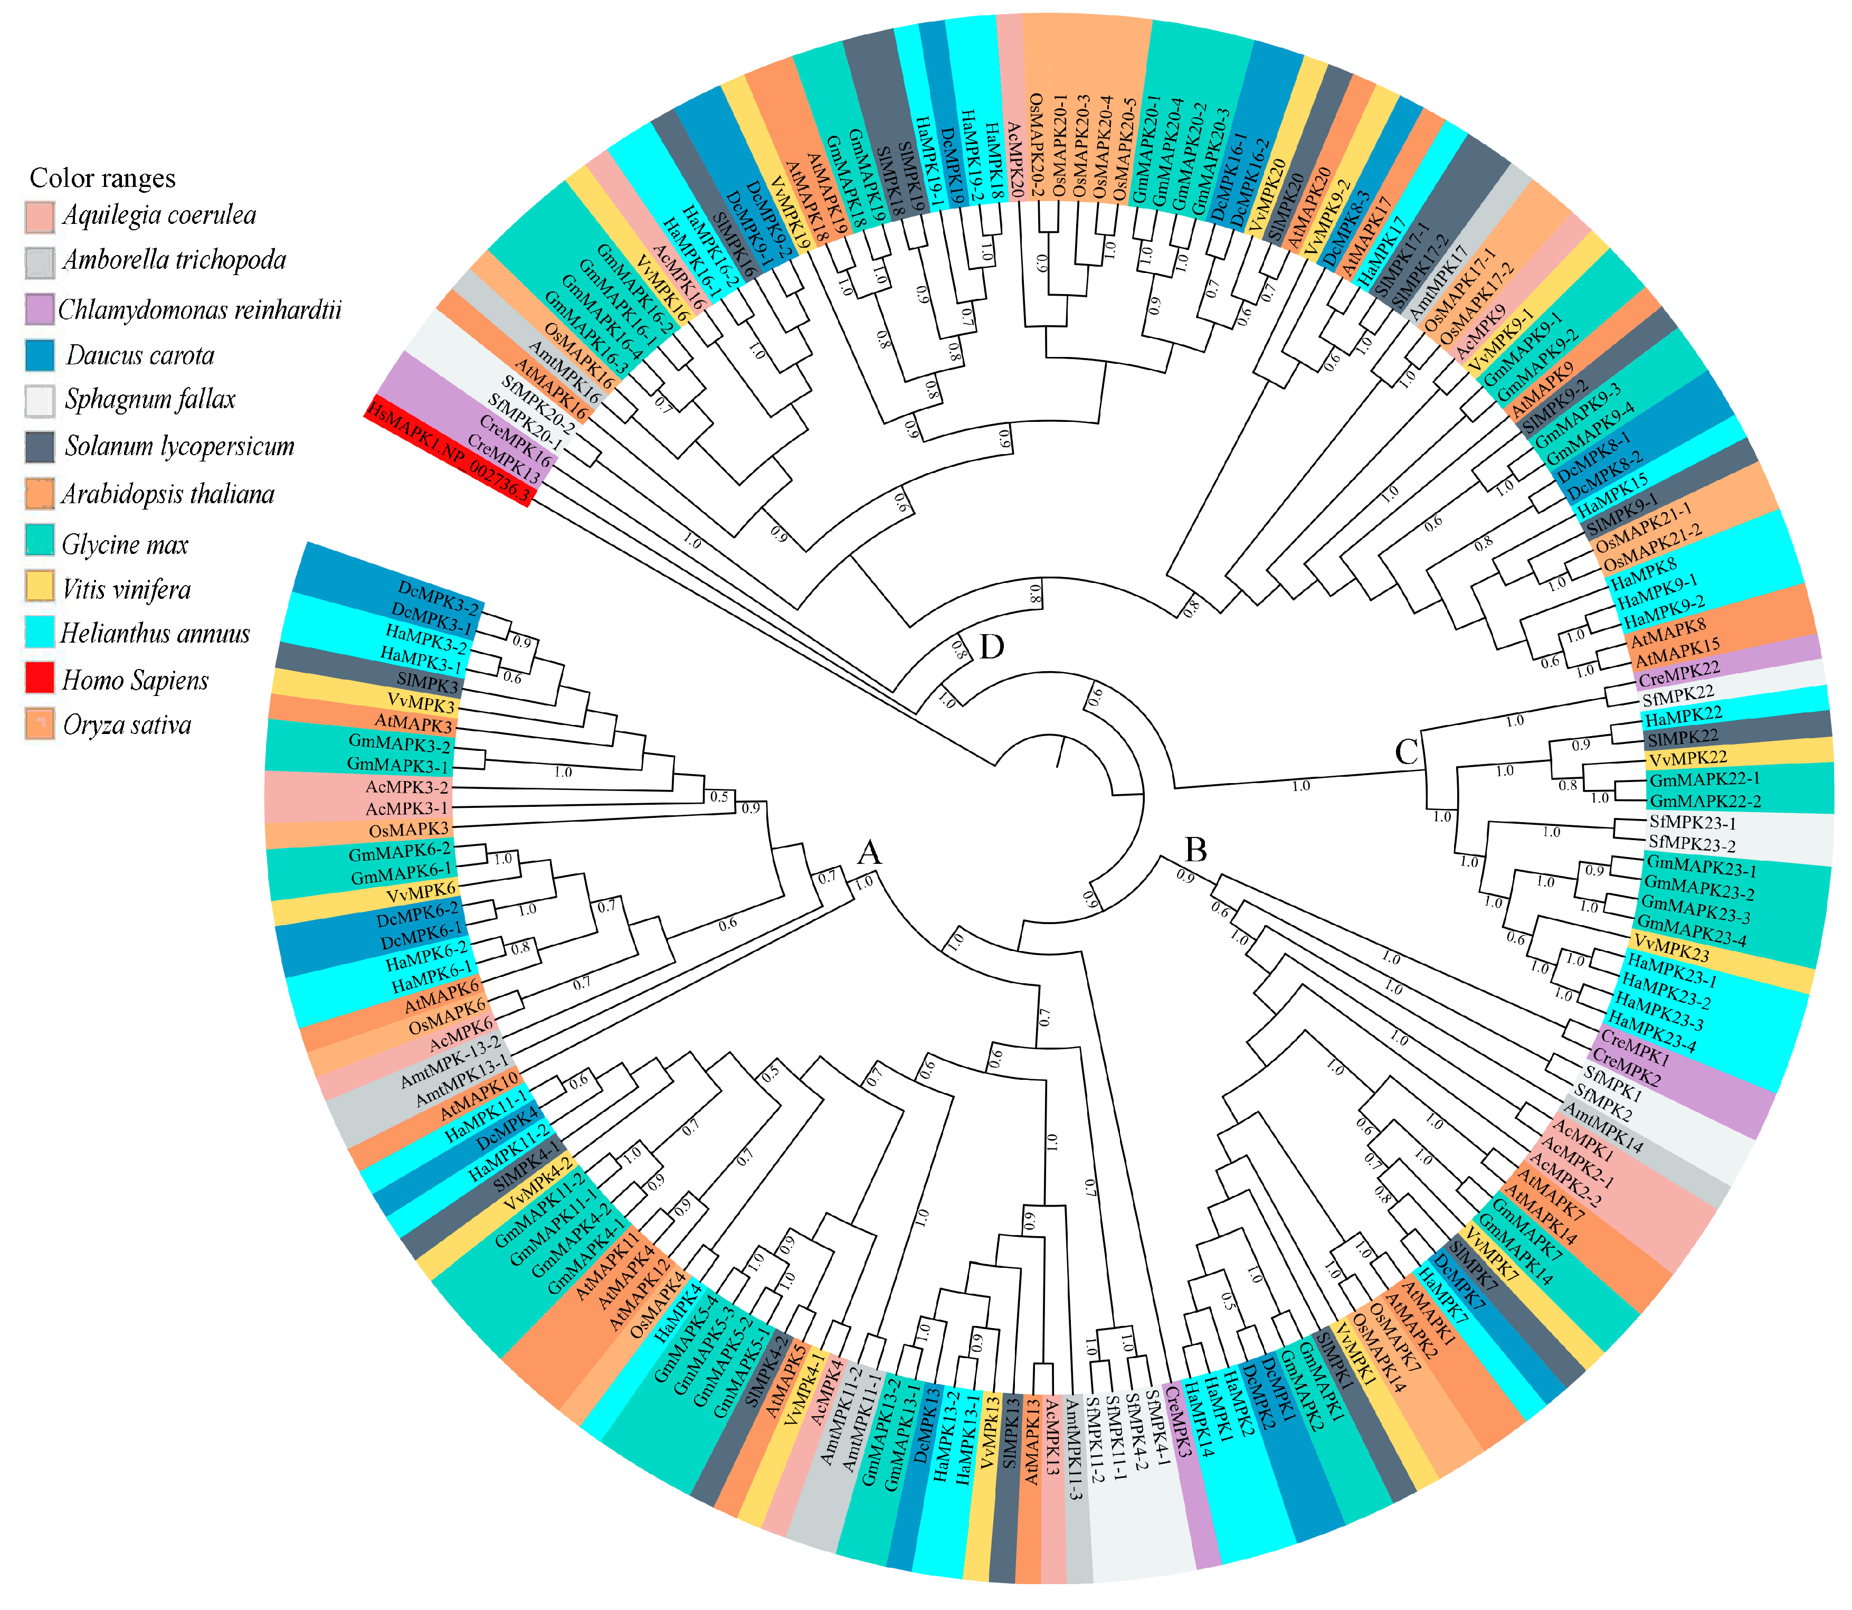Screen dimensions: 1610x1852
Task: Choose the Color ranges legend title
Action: click(x=102, y=178)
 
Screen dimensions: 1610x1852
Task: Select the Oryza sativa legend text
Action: click(x=127, y=725)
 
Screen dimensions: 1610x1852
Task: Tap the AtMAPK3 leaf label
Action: click(x=414, y=723)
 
